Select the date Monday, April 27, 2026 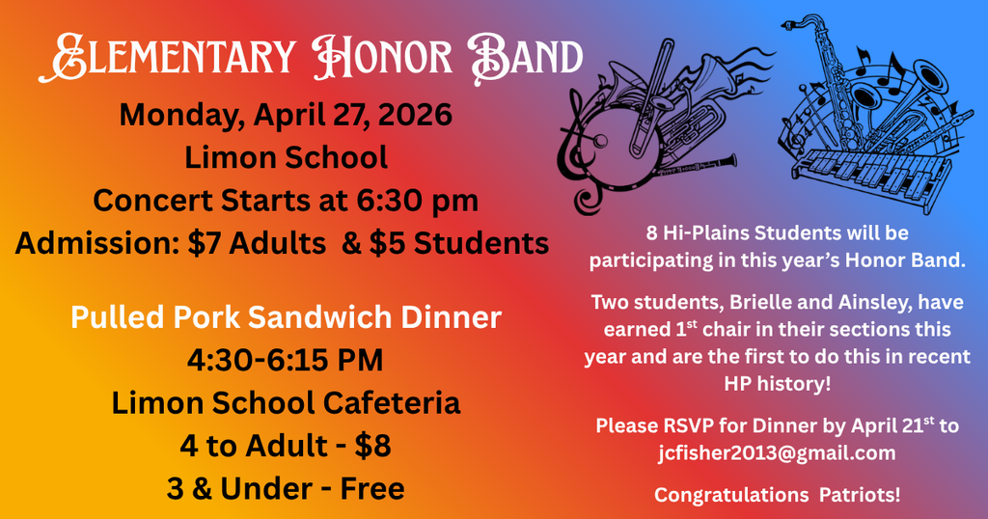(x=286, y=115)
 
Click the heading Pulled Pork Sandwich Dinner (x=286, y=317)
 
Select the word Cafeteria (x=382, y=402)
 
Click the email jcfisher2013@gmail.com (x=778, y=451)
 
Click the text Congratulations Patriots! (x=778, y=495)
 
